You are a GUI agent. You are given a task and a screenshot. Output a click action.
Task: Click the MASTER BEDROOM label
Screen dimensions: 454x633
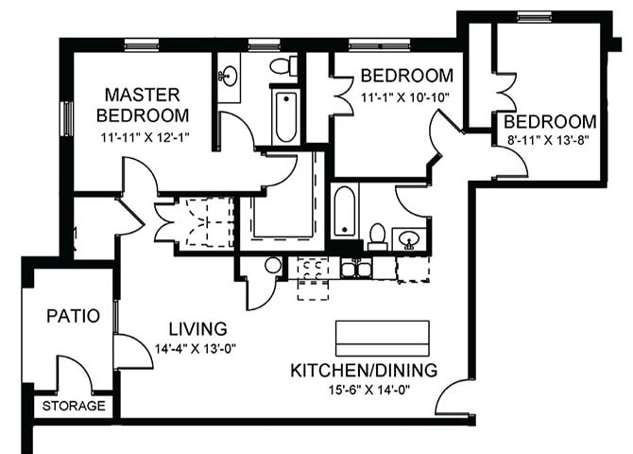144,104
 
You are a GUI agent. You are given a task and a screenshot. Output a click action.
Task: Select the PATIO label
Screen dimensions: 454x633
72,315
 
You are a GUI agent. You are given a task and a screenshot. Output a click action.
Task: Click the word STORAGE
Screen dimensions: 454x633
73,406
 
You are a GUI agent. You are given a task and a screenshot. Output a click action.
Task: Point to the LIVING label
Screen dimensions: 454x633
198,328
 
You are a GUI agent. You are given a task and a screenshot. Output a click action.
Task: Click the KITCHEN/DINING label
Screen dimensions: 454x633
364,370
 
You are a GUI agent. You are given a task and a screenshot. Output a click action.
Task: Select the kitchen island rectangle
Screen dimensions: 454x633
382,338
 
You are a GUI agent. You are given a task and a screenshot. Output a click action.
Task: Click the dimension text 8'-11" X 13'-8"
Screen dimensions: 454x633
550,141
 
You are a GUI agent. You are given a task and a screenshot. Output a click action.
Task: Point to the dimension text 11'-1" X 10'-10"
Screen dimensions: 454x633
406,96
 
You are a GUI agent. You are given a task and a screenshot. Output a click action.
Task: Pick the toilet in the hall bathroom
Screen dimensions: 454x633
377,235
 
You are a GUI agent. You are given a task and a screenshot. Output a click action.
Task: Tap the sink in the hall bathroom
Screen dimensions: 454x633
410,238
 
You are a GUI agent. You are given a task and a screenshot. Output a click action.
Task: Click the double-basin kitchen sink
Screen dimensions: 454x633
356,269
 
